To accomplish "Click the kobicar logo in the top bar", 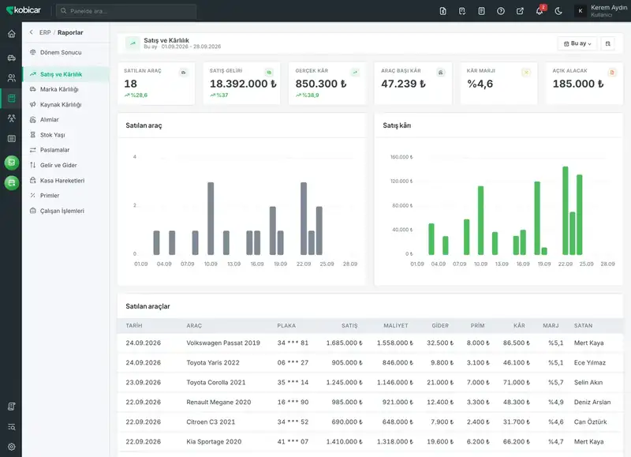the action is tap(24, 10).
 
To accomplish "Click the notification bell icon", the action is tap(540, 11).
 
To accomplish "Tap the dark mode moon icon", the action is tap(558, 11).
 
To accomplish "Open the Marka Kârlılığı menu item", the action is tap(59, 89).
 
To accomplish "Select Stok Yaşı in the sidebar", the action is tap(52, 135).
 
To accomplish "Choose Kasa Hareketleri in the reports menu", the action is tap(62, 181).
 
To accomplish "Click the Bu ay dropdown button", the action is tap(577, 43).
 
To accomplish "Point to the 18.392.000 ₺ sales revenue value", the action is tap(243, 84).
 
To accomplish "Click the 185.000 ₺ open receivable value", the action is tap(578, 84).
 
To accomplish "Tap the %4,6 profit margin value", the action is tap(480, 84).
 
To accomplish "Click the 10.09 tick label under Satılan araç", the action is tap(211, 264).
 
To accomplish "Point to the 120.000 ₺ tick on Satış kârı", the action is tap(401, 182).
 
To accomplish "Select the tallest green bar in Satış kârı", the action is tap(565, 211).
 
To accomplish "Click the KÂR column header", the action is tap(519, 325).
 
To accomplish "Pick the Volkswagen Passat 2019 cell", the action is tap(223, 343).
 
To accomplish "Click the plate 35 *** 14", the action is tap(293, 383).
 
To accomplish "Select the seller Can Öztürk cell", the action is tap(590, 422).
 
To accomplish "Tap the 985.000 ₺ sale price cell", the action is tap(347, 403).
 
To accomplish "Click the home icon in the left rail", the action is tap(12, 34).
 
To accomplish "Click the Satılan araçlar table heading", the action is tap(147, 306).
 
